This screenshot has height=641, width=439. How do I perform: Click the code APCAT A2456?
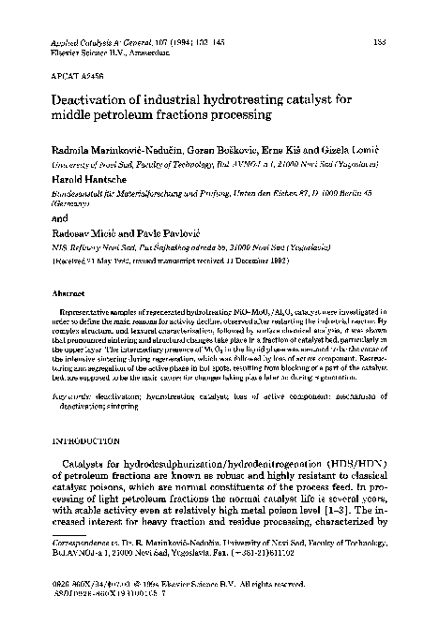(67, 77)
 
